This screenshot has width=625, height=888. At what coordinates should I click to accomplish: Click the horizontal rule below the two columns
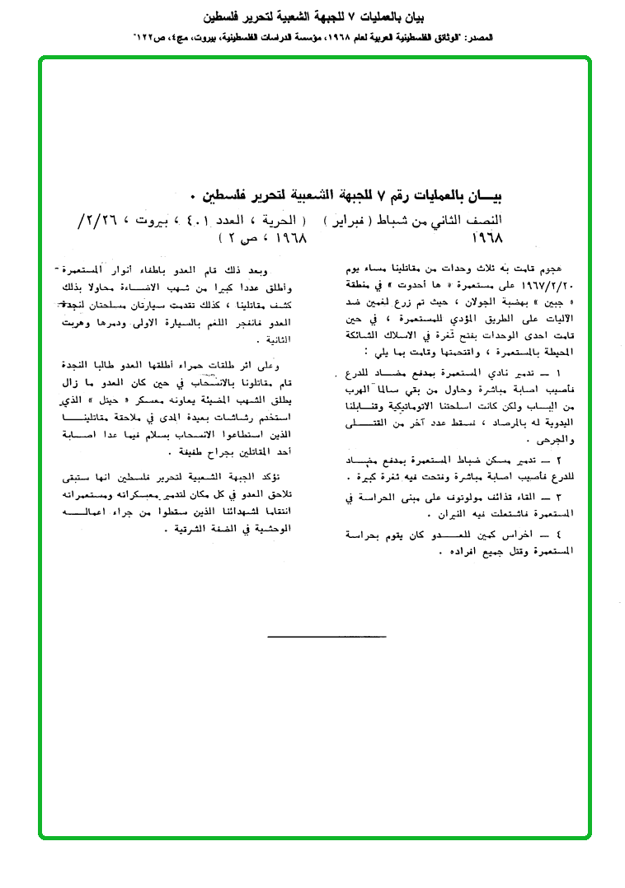[x=327, y=636]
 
